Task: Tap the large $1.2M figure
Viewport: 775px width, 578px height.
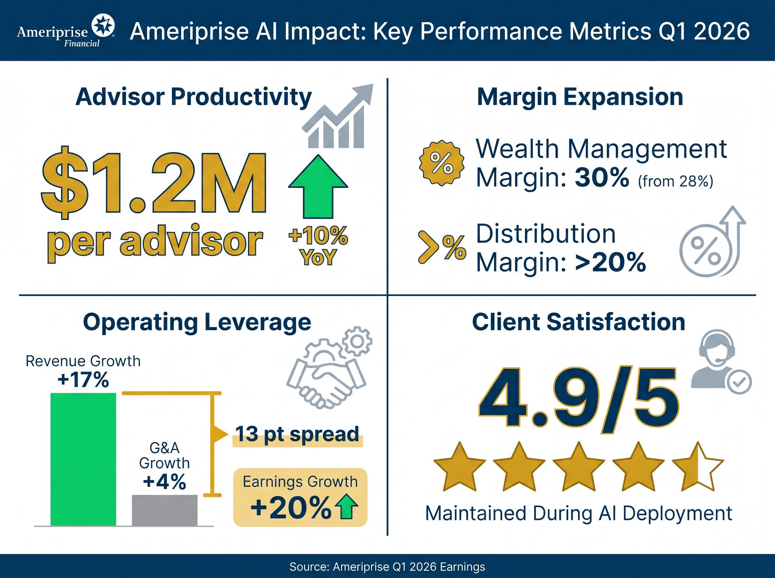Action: [x=154, y=183]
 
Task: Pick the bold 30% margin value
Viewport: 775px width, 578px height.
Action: [x=602, y=178]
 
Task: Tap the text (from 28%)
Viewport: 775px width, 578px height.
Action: [x=675, y=181]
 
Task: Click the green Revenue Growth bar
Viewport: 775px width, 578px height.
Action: [x=83, y=459]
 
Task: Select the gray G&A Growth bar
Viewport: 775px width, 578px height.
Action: [x=165, y=510]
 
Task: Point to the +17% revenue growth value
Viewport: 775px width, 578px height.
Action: [x=83, y=380]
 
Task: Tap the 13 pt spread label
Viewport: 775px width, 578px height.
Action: [x=297, y=434]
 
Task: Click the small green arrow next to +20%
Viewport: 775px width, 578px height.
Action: [x=346, y=507]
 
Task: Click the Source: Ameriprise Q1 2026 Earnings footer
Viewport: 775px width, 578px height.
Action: [x=387, y=566]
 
